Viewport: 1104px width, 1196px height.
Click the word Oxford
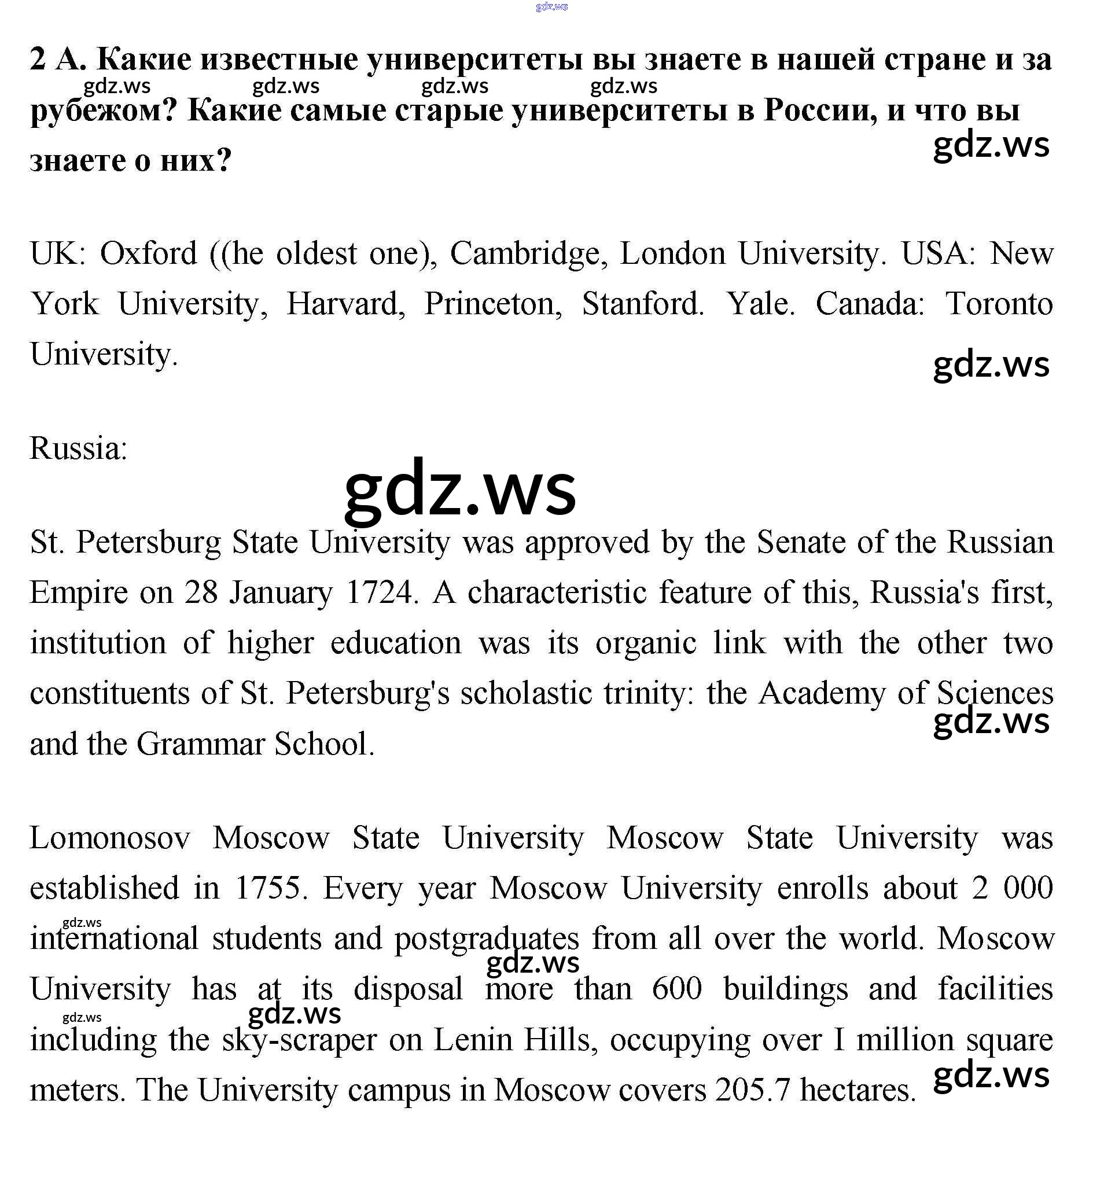[148, 254]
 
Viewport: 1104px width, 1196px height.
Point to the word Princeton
[493, 304]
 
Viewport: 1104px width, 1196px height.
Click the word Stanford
[642, 304]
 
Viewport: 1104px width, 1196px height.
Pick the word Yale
[760, 304]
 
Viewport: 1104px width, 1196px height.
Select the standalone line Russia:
[78, 448]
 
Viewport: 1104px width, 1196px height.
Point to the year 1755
[271, 888]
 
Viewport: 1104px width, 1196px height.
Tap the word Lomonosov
[110, 838]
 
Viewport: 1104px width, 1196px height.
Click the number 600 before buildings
[676, 989]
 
